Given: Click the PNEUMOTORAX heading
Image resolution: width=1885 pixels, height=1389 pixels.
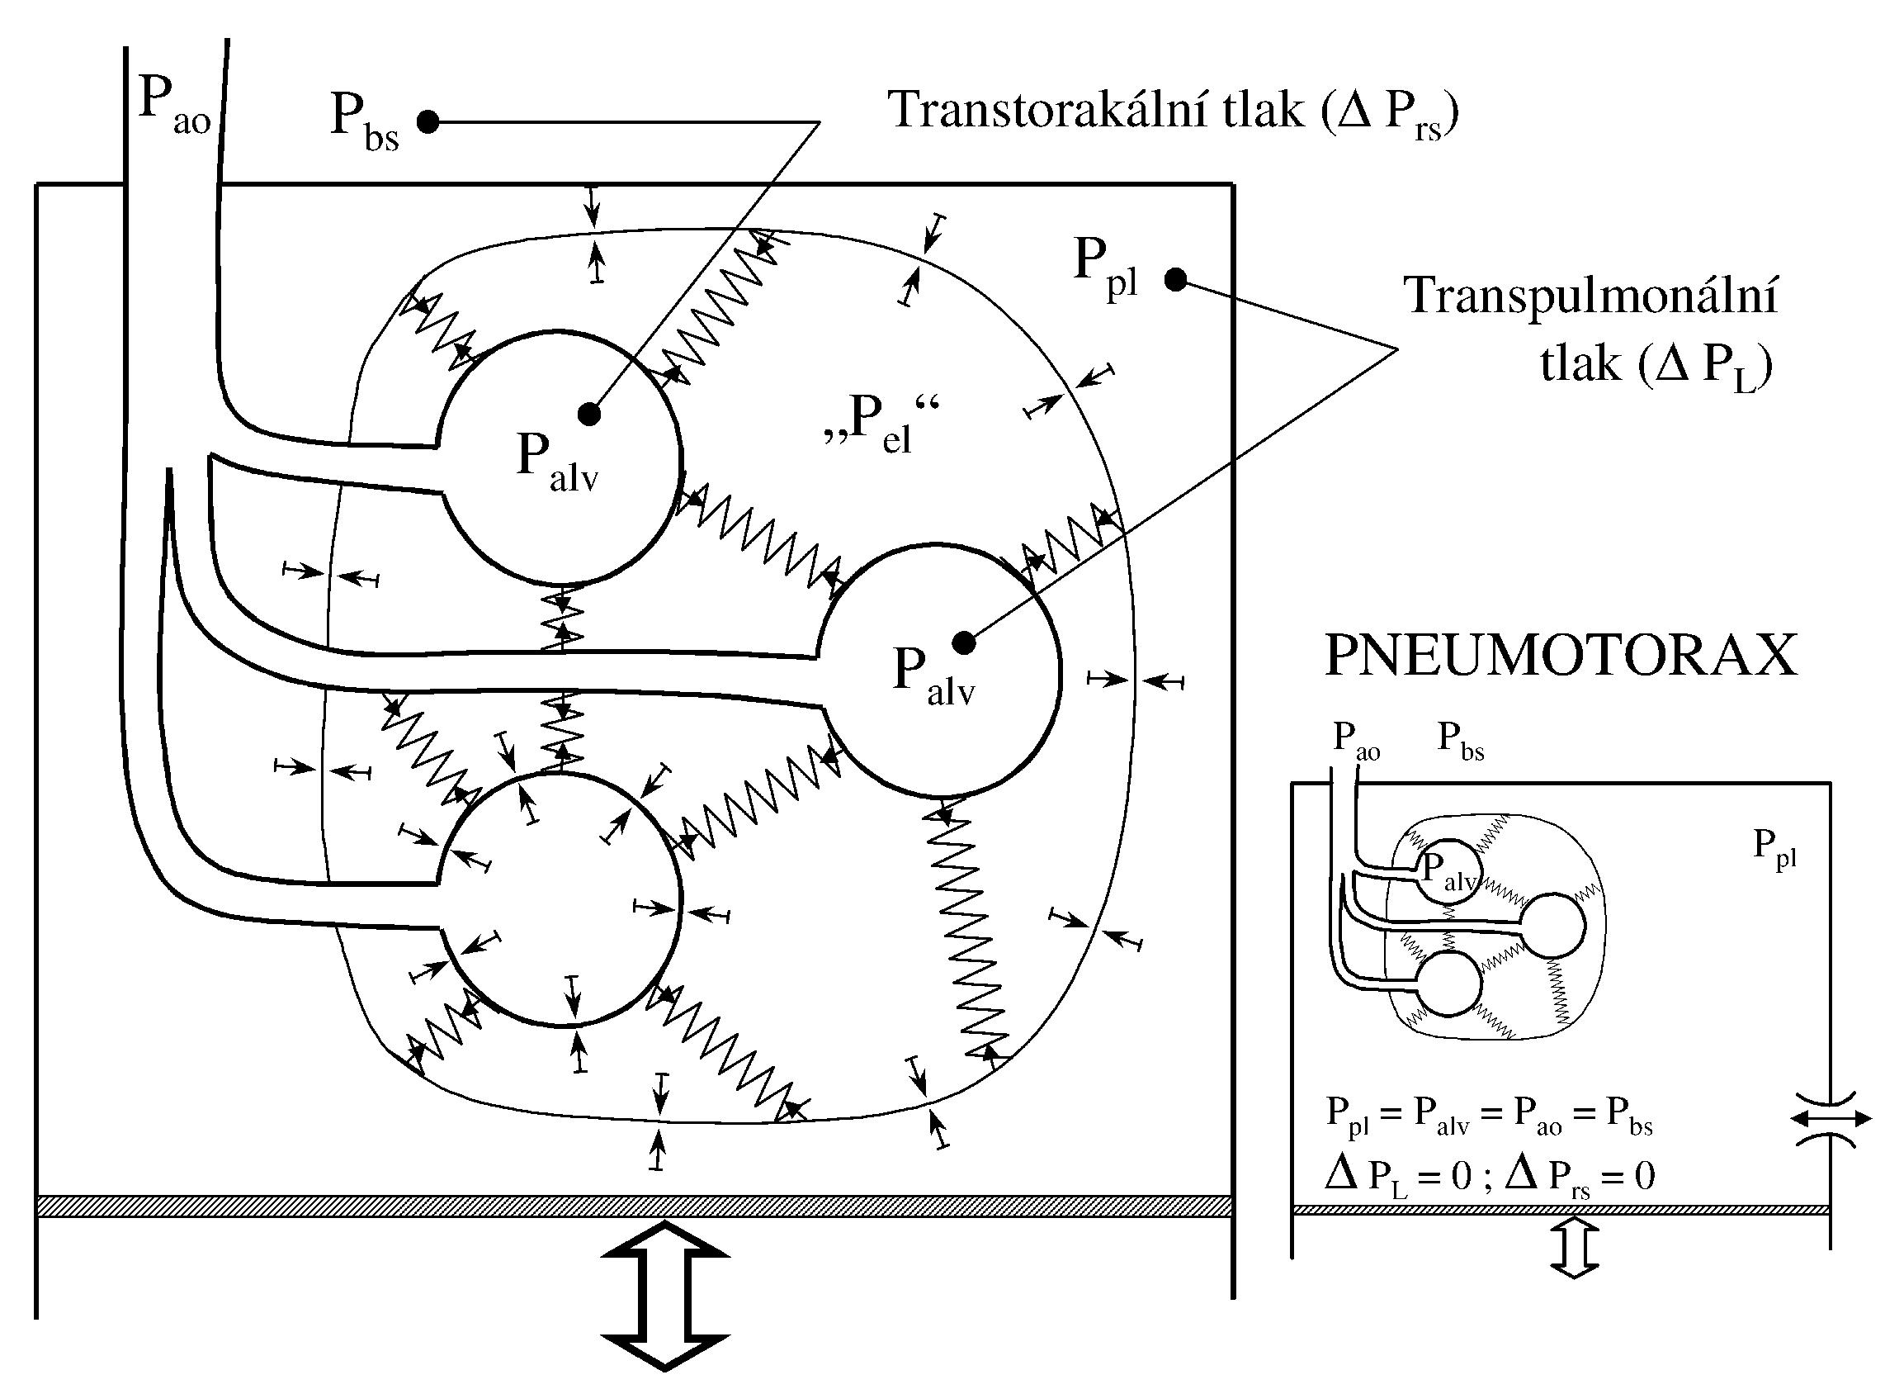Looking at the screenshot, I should tap(1561, 655).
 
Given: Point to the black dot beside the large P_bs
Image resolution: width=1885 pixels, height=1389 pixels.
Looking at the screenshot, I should tap(428, 123).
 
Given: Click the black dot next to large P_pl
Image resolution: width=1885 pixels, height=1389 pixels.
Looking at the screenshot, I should tap(1175, 279).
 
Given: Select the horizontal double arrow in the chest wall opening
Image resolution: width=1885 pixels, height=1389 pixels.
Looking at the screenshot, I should tap(1831, 1118).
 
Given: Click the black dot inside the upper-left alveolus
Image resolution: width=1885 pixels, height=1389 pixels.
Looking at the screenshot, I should tap(589, 413).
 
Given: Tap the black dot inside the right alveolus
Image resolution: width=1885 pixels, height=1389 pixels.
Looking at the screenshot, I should tap(964, 642).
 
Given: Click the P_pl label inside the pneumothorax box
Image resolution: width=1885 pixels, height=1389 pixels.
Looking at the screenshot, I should tap(1774, 847).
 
